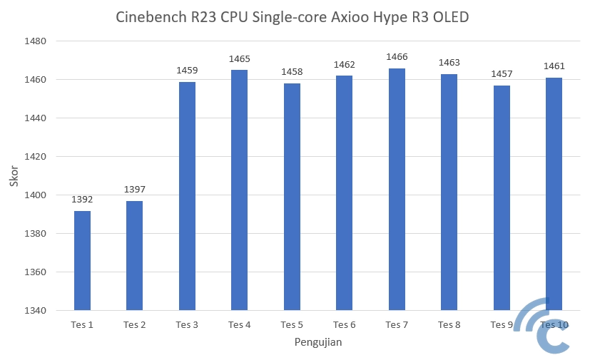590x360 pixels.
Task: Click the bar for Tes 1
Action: pos(82,260)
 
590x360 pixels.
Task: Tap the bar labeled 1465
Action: pos(240,190)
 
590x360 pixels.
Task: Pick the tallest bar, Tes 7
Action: pos(397,189)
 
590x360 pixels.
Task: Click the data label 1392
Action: pos(82,200)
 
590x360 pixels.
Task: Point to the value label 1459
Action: pos(187,71)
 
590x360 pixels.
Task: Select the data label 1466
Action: pos(397,56)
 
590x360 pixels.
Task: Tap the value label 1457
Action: pos(502,74)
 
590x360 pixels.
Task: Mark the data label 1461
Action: pos(554,66)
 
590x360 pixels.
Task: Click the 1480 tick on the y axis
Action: pos(35,41)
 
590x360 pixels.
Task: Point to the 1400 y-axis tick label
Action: pos(35,195)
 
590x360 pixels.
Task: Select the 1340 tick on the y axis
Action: pos(35,311)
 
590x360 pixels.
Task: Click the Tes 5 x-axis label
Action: pos(292,325)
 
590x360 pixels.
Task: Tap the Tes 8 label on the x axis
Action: pos(449,325)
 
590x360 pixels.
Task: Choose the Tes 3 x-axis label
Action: pos(187,325)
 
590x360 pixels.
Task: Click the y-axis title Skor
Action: pos(14,176)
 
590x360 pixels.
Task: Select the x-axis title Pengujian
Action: pos(318,343)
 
